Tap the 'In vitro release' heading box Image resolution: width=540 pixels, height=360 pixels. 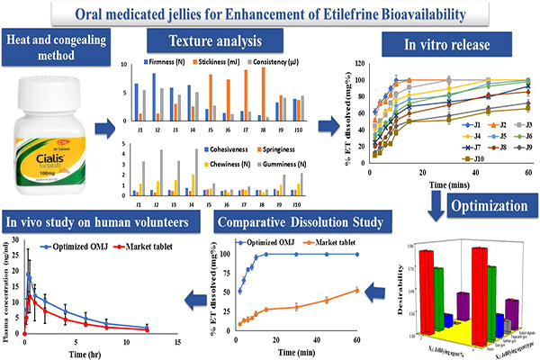point(439,44)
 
